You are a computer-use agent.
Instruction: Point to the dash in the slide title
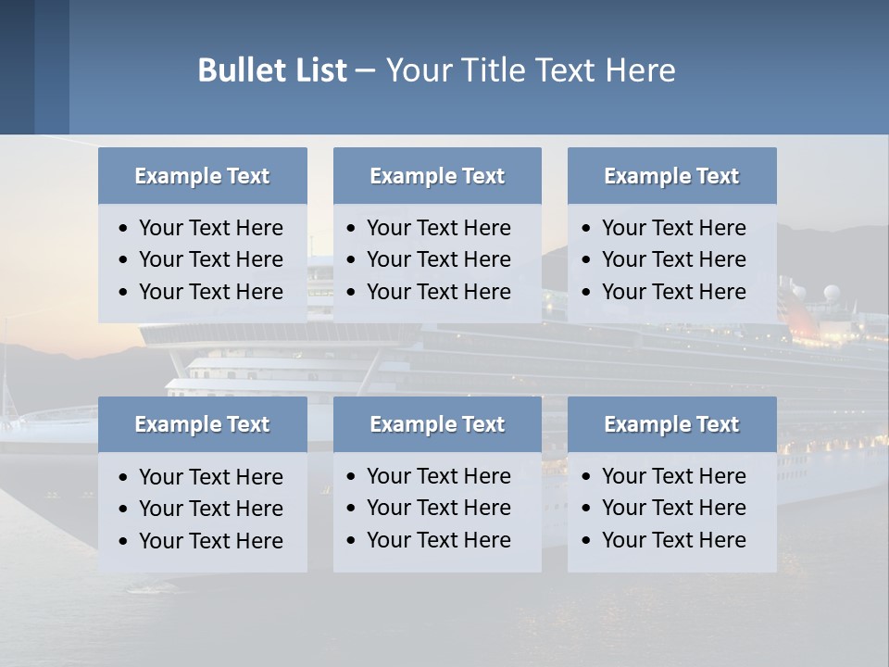coord(365,71)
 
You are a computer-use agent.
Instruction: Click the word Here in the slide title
coord(640,70)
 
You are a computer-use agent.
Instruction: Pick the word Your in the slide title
coord(418,70)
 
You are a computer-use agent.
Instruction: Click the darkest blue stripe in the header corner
coord(17,67)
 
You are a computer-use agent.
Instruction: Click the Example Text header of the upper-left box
coord(202,176)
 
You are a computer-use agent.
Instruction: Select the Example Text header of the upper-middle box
coord(437,176)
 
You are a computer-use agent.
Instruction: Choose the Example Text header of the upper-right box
coord(671,176)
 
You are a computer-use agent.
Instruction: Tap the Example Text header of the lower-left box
coord(202,424)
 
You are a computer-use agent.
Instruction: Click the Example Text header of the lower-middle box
coord(437,424)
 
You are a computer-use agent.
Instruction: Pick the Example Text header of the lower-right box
coord(671,424)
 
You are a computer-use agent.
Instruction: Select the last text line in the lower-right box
coord(673,540)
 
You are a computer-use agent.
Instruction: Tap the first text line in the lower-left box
coord(210,477)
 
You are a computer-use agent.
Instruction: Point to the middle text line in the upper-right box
coord(673,259)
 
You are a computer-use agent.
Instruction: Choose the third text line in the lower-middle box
coord(438,540)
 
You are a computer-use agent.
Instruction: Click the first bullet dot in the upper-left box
coord(124,229)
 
